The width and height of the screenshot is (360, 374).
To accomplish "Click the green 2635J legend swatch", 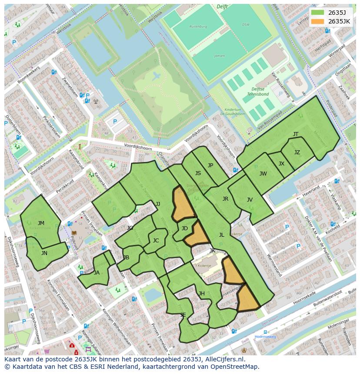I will pyautogui.click(x=318, y=12).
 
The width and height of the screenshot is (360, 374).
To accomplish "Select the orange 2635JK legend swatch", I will pyautogui.click(x=318, y=21).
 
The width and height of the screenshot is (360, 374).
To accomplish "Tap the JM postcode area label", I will pyautogui.click(x=41, y=223).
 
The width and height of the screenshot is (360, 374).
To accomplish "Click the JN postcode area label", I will pyautogui.click(x=44, y=253).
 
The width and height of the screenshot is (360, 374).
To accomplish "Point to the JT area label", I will pyautogui.click(x=296, y=134).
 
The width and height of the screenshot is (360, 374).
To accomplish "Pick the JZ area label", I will pyautogui.click(x=297, y=152).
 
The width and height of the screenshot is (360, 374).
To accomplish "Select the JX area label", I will pyautogui.click(x=281, y=164).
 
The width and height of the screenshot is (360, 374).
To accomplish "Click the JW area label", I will pyautogui.click(x=263, y=174).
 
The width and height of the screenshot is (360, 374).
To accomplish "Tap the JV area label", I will pyautogui.click(x=250, y=200).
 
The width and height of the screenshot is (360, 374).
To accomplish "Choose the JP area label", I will pyautogui.click(x=210, y=165).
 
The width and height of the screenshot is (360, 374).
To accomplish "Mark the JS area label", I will pyautogui.click(x=198, y=173).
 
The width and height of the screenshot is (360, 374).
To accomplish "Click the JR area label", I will pyautogui.click(x=225, y=199).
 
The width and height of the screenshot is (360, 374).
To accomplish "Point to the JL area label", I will pyautogui.click(x=221, y=235).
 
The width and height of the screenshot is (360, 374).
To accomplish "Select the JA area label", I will pyautogui.click(x=97, y=273).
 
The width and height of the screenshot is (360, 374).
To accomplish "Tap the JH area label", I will pyautogui.click(x=202, y=294).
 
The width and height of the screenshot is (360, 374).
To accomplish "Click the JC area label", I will pyautogui.click(x=156, y=241).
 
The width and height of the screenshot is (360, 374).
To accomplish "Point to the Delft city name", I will pyautogui.click(x=222, y=7).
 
